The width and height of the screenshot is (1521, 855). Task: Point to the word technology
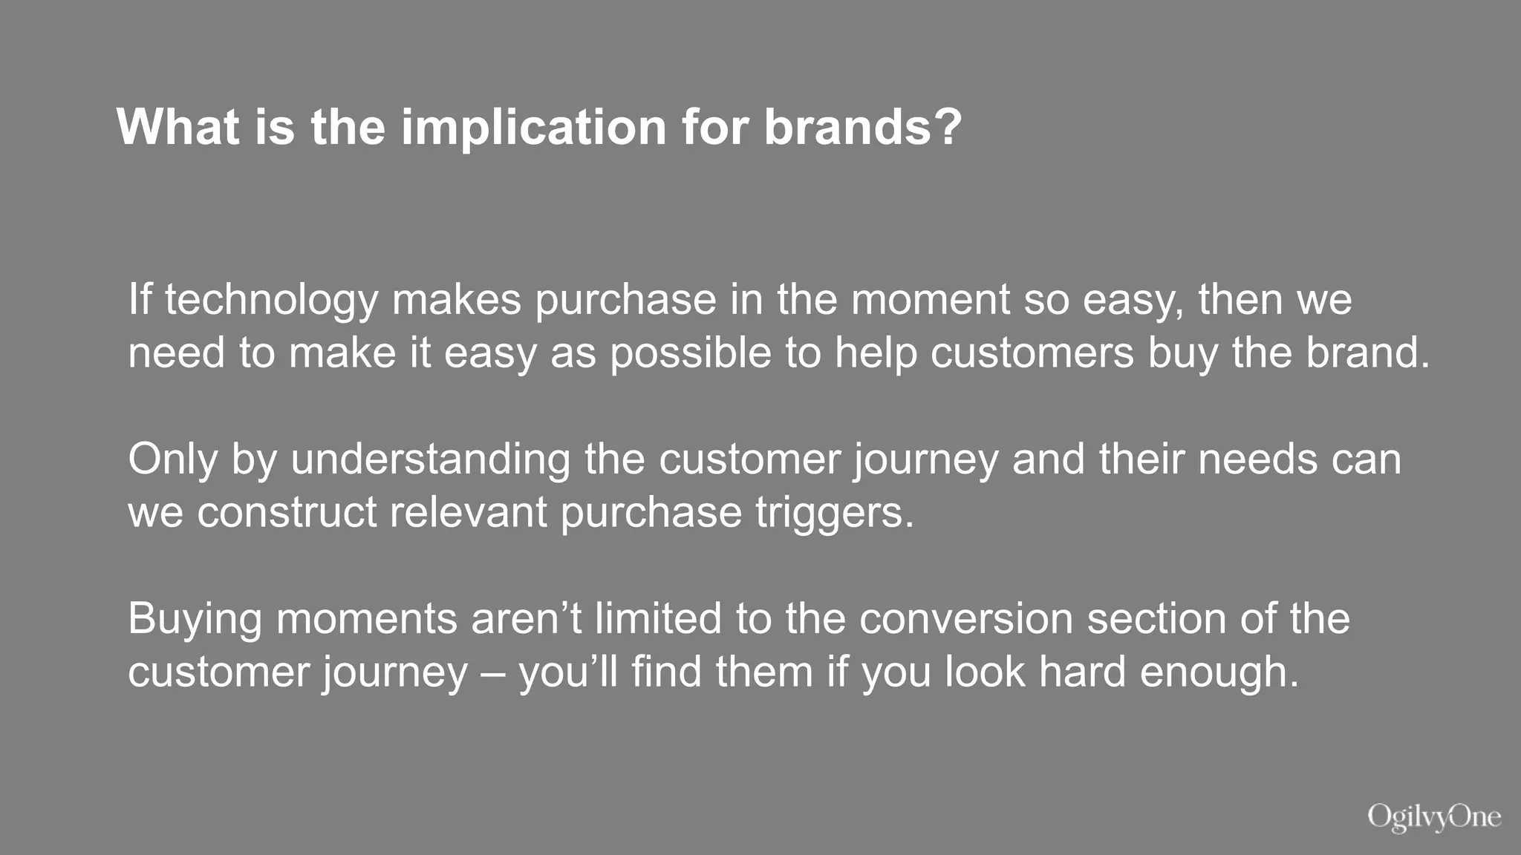[271, 300]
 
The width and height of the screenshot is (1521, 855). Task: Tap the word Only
[172, 459]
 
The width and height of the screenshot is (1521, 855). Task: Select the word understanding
[430, 459]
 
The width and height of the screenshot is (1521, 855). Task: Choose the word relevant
[468, 512]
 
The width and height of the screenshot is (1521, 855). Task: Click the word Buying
[195, 620]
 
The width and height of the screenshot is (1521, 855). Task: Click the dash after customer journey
[493, 672]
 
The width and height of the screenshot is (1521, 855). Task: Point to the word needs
[1257, 459]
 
